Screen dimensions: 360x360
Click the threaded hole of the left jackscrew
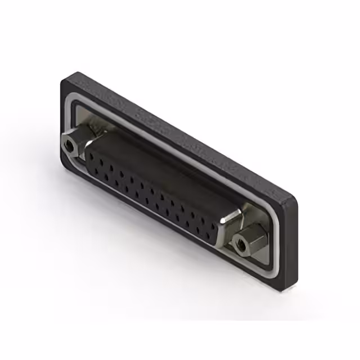pos(69,146)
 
